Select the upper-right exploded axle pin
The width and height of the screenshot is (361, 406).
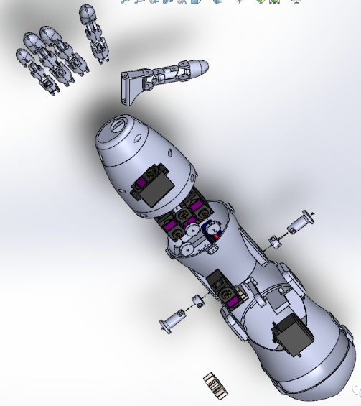click(x=299, y=223)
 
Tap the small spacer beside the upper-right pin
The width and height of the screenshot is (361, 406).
click(x=273, y=241)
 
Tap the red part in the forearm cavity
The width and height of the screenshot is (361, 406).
click(x=215, y=236)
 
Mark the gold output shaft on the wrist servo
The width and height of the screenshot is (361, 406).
click(x=152, y=172)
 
